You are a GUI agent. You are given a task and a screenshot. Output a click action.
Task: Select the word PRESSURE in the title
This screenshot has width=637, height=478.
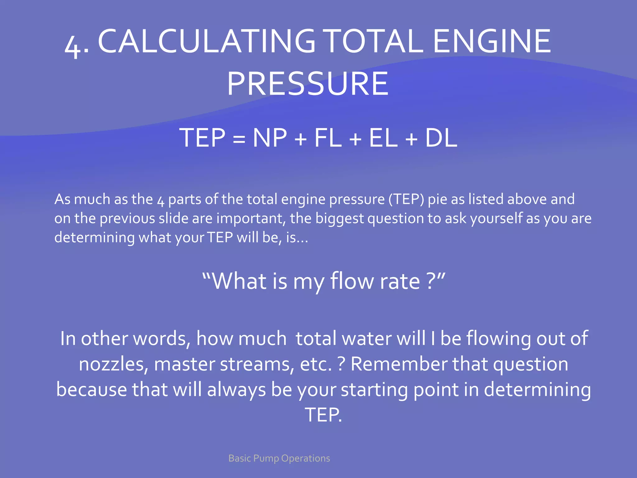click(308, 83)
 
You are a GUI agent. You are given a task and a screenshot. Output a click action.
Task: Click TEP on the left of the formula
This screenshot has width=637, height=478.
click(202, 138)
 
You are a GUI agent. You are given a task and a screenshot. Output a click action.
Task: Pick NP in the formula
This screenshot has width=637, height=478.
click(270, 138)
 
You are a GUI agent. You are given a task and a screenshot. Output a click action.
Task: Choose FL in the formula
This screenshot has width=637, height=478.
click(328, 138)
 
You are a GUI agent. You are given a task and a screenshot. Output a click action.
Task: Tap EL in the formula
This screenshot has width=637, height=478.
click(383, 138)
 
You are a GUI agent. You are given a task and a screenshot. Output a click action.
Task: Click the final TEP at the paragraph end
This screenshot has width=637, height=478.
click(323, 415)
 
